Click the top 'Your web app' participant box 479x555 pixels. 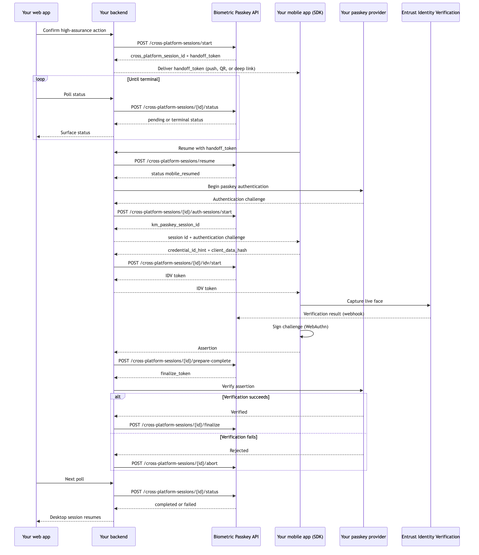(x=36, y=12)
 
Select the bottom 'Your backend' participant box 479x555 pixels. (x=114, y=536)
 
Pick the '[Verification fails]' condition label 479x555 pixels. (x=239, y=437)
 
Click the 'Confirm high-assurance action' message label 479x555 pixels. (x=75, y=30)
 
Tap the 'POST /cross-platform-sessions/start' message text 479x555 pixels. (x=175, y=43)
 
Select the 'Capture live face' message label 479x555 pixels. (x=365, y=301)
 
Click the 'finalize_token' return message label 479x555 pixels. (x=175, y=373)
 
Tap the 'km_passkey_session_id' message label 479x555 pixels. (x=175, y=224)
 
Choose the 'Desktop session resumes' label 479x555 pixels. (x=75, y=517)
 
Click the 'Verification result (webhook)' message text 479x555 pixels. (x=334, y=314)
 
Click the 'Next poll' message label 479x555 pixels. (x=75, y=479)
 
